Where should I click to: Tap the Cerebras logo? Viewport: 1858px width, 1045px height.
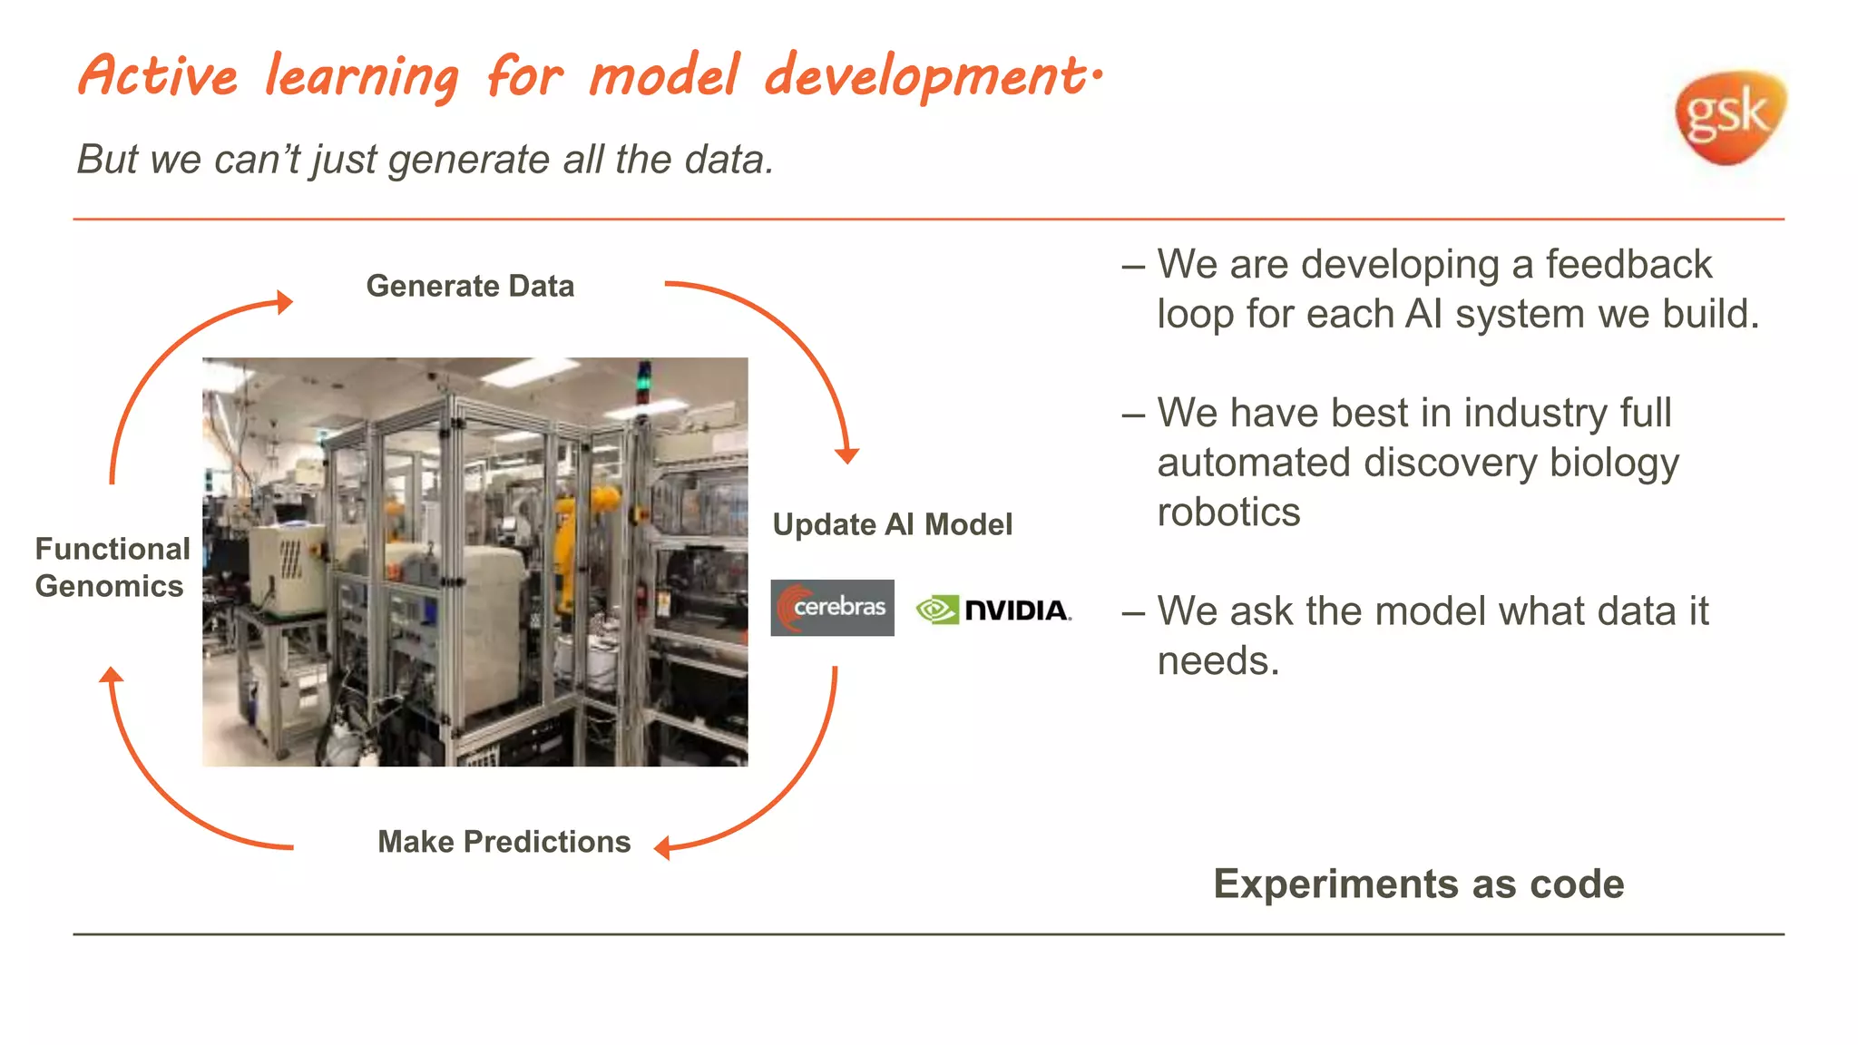(832, 608)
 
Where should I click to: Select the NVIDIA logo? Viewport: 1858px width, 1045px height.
(993, 610)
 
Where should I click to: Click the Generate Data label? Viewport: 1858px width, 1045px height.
(470, 286)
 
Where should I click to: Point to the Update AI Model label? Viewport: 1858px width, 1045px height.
(892, 524)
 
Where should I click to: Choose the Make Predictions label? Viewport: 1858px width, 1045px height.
(504, 842)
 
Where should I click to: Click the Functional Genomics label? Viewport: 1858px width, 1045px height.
(112, 567)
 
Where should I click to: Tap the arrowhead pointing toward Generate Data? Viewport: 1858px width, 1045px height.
(286, 302)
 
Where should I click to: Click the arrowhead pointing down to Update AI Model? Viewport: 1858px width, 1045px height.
(846, 454)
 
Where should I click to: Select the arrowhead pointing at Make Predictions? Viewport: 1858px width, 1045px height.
(662, 848)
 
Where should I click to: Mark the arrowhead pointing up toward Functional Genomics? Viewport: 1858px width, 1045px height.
(111, 675)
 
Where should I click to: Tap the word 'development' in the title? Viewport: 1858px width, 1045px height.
(925, 76)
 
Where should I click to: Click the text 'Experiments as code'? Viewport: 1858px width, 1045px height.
(1418, 884)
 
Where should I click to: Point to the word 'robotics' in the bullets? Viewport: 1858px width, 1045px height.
(1228, 513)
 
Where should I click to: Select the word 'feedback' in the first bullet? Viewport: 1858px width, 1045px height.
(1628, 265)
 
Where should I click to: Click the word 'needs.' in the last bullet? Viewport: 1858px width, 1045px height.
(1217, 661)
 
